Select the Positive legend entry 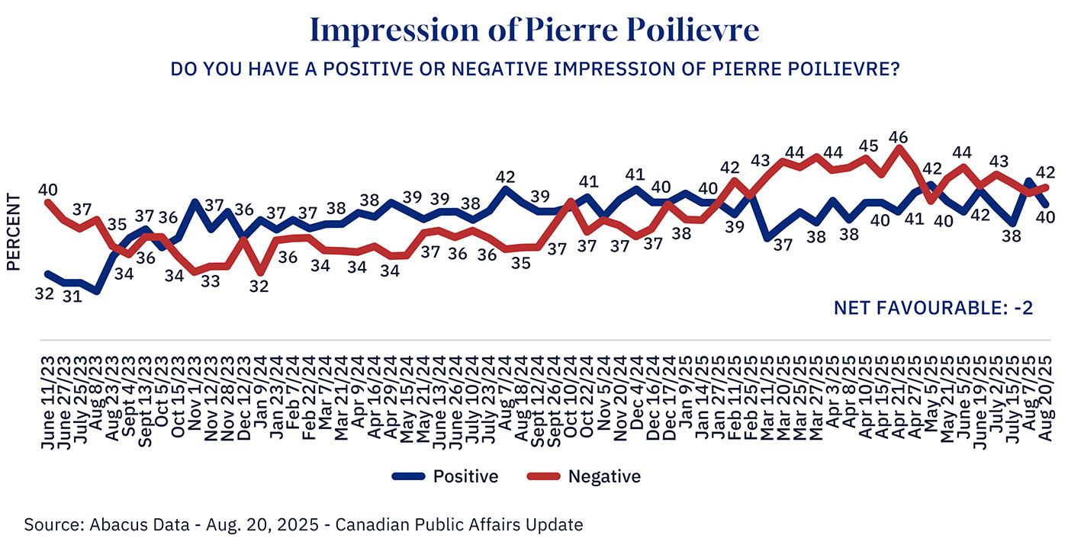click(x=446, y=477)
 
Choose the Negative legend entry click(x=584, y=477)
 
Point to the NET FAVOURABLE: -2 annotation click(x=933, y=308)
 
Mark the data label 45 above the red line click(x=868, y=146)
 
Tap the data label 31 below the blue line click(x=72, y=297)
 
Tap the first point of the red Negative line click(x=49, y=201)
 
